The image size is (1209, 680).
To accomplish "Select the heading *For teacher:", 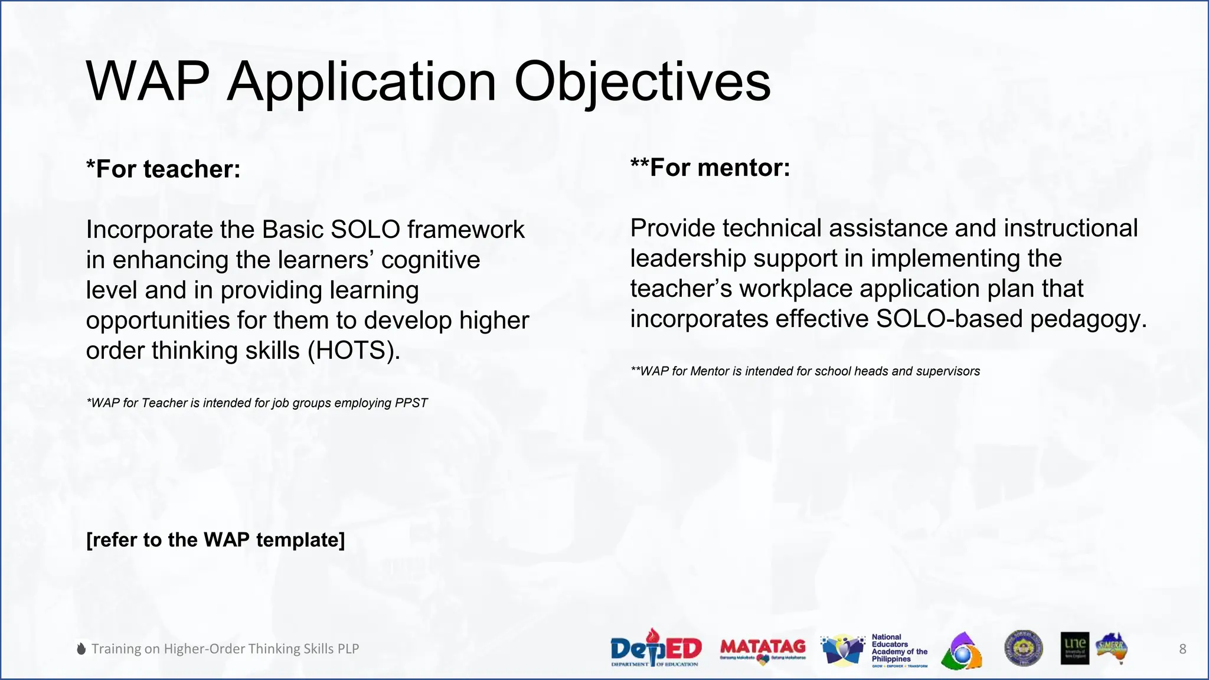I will tap(164, 169).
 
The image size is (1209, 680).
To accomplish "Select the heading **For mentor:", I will tap(710, 168).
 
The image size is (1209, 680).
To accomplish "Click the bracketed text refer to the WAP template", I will tap(215, 540).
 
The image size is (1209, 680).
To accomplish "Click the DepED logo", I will tap(655, 649).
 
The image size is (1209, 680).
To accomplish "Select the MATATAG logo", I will tap(763, 649).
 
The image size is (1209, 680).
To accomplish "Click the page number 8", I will tap(1182, 649).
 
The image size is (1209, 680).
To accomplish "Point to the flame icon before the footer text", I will tap(81, 649).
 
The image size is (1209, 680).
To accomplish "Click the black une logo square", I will tap(1074, 649).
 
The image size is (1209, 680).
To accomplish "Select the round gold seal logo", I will tap(1024, 648).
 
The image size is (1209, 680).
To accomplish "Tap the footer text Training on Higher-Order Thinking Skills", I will tap(225, 649).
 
